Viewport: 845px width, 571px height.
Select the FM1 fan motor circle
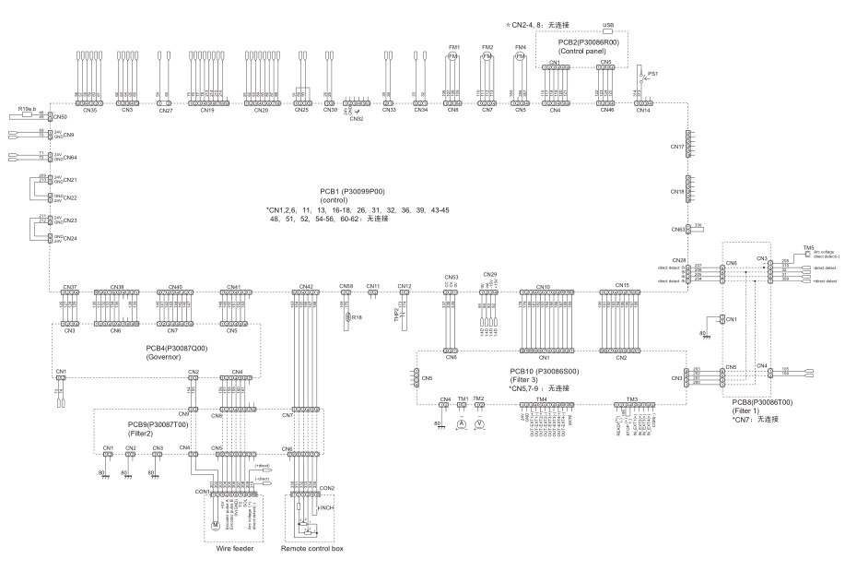(x=452, y=56)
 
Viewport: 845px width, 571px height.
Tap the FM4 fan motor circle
(x=521, y=56)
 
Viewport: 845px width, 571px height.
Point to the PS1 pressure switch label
(x=653, y=72)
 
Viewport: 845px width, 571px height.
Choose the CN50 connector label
(x=60, y=118)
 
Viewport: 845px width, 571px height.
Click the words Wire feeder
(x=235, y=547)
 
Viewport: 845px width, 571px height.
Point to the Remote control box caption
(x=310, y=547)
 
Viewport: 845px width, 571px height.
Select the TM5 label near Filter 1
(x=808, y=247)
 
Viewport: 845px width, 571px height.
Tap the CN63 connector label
(x=675, y=229)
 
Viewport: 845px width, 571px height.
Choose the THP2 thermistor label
(x=398, y=312)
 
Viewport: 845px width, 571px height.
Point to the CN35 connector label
(x=89, y=111)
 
